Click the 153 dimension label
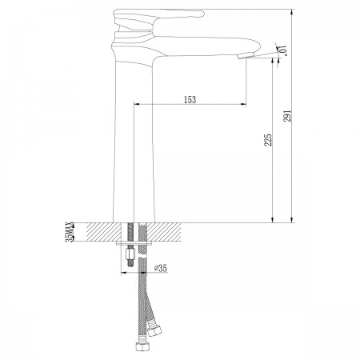[190, 99]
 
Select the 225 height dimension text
[267, 140]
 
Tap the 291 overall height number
[287, 116]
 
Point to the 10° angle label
[282, 50]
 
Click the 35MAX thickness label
[69, 232]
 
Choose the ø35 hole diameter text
[161, 268]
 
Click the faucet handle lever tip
[202, 14]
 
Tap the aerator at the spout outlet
[246, 55]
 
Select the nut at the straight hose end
[140, 346]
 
